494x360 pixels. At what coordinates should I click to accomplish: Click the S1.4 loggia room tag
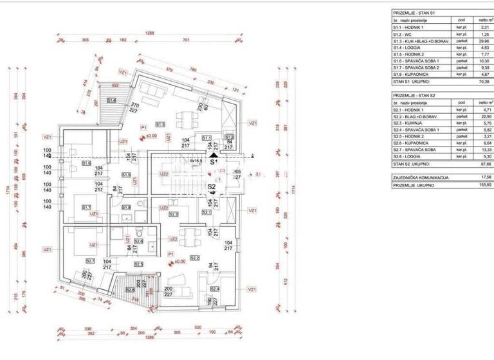coord(111,100)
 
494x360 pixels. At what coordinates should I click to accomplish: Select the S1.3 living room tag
coord(161,125)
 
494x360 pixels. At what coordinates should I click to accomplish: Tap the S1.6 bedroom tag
coord(86,163)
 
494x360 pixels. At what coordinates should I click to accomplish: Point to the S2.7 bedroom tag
coord(90,260)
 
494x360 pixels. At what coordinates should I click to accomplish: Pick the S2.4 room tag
coord(214,289)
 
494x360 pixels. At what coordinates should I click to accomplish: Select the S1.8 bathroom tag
coord(126,207)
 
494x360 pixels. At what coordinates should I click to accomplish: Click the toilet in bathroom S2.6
coord(138,232)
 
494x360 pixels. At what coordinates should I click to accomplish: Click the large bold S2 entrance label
coord(212,187)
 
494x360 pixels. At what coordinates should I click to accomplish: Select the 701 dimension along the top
coord(187,39)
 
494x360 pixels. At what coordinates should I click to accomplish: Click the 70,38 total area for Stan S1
coord(483,82)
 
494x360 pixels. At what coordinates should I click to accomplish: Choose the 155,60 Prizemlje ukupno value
coord(483,184)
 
